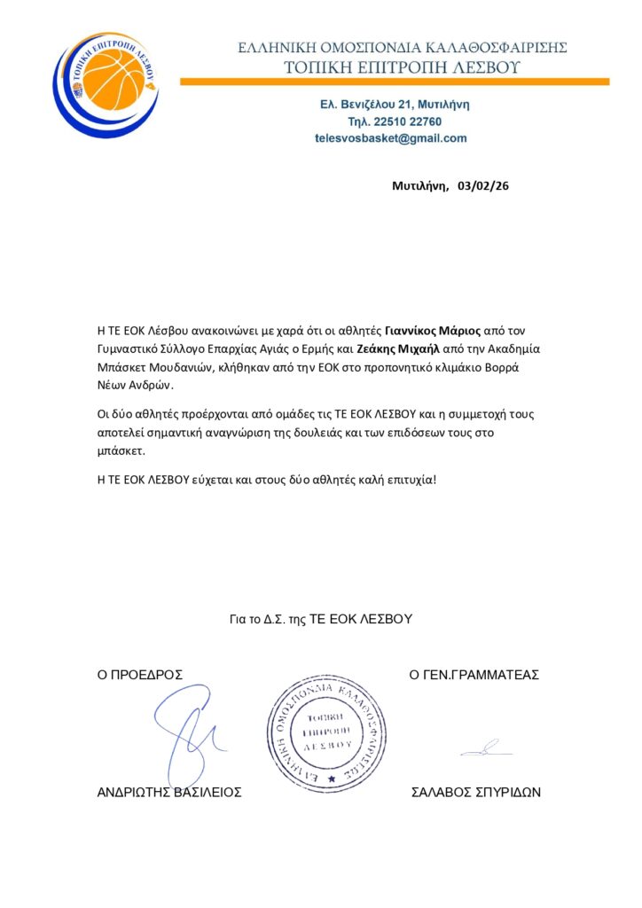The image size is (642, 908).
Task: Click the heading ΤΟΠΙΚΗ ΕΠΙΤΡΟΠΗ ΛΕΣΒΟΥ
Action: click(x=402, y=67)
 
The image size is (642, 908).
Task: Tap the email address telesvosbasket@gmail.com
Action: click(x=390, y=138)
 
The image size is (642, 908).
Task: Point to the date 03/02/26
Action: click(x=482, y=186)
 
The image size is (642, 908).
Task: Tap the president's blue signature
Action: click(x=188, y=734)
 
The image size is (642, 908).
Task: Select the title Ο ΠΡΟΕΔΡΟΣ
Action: click(x=140, y=675)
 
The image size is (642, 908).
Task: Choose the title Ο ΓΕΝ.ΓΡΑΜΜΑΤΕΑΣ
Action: click(x=474, y=675)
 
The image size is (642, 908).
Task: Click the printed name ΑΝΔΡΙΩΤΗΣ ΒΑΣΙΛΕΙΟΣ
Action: click(x=169, y=793)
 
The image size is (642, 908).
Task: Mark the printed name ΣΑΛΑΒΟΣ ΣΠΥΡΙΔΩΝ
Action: click(x=476, y=793)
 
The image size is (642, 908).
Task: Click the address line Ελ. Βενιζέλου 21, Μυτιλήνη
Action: click(x=395, y=105)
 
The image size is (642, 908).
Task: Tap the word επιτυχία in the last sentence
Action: click(x=406, y=480)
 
